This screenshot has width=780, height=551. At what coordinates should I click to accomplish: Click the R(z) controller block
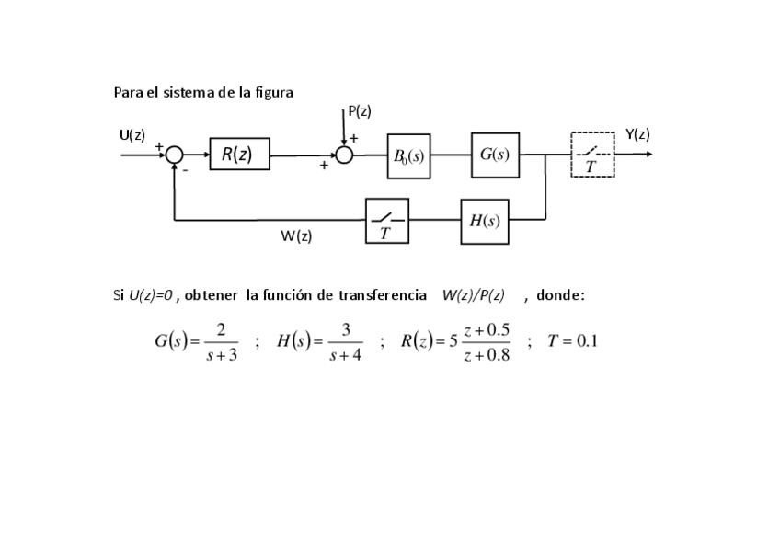(x=239, y=155)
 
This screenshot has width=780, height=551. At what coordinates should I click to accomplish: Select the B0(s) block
(x=408, y=156)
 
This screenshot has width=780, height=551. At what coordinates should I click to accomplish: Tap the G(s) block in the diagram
(x=495, y=155)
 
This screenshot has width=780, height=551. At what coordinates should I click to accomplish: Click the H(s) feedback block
(x=485, y=221)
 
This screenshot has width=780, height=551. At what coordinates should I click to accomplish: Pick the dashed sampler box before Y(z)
(x=592, y=155)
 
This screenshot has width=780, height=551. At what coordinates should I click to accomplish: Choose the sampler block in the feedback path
(x=386, y=221)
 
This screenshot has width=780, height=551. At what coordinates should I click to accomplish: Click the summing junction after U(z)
(x=175, y=155)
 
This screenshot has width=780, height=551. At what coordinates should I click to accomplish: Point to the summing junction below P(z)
(x=344, y=155)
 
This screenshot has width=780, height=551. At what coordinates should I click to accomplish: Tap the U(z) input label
(x=132, y=134)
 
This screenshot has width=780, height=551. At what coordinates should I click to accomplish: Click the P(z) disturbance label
(x=360, y=111)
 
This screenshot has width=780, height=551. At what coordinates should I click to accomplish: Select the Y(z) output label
(x=637, y=134)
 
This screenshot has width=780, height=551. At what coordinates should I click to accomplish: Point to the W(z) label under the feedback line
(x=296, y=236)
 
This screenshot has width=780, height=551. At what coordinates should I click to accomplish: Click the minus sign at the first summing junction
(x=184, y=169)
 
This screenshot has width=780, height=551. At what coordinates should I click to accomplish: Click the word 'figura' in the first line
(x=274, y=92)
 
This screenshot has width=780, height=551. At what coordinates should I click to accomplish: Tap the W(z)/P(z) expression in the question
(x=473, y=295)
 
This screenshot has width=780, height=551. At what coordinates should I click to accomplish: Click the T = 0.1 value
(x=572, y=341)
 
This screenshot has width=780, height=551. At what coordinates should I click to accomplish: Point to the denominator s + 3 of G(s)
(x=221, y=356)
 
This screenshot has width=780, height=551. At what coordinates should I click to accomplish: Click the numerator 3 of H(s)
(x=346, y=329)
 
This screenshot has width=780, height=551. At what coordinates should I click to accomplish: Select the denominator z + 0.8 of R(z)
(x=487, y=356)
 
